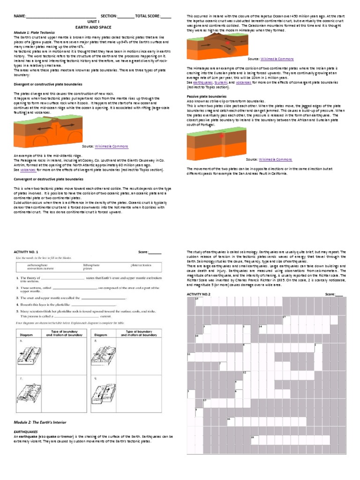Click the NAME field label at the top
pyautogui.click(x=19, y=16)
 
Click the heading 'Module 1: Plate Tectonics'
pyautogui.click(x=33, y=32)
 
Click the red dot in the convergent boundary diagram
pyautogui.click(x=228, y=43)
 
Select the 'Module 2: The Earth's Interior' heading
pyautogui.click(x=44, y=422)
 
